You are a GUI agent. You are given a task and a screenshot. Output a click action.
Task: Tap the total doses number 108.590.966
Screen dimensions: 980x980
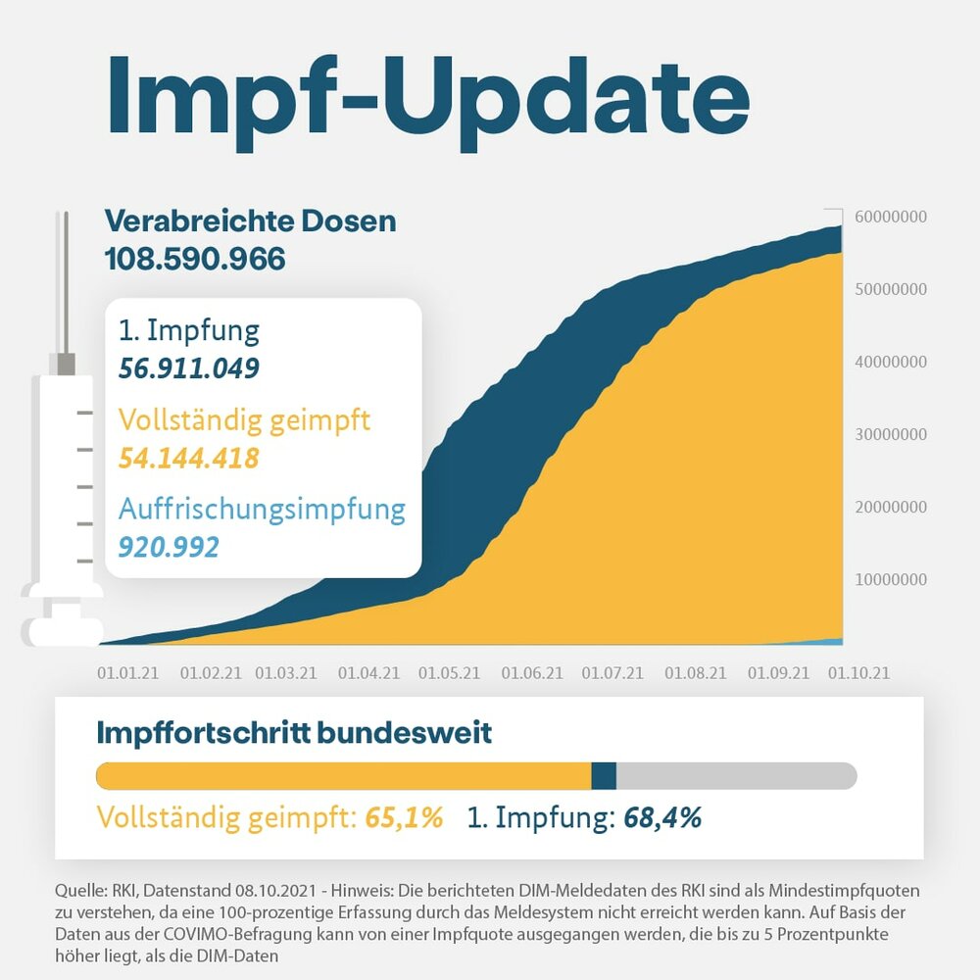[x=195, y=259]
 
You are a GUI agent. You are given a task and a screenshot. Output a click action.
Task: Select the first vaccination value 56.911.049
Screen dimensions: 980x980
[x=189, y=368]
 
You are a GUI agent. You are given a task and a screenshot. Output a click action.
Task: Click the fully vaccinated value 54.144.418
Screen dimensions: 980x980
[x=189, y=458]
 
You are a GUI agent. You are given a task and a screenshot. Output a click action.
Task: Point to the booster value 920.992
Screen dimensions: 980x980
[x=169, y=546]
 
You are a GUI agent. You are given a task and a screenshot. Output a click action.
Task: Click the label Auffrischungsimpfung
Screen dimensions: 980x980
[x=262, y=510]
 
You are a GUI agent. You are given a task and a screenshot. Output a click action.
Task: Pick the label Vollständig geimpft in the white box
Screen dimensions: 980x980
[x=244, y=421]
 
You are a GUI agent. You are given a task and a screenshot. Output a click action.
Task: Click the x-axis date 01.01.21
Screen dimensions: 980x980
[x=127, y=673]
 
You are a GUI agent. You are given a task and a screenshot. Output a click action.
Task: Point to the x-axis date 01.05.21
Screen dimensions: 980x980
[x=449, y=673]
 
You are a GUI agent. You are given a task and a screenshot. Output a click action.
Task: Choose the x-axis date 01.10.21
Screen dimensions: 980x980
[x=859, y=673]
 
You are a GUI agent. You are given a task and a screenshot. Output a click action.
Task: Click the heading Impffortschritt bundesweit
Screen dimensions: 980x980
[x=294, y=732]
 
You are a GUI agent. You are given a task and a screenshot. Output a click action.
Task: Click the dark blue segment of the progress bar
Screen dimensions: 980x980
[x=604, y=776]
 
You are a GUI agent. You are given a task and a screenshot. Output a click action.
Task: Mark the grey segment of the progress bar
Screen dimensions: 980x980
[x=735, y=776]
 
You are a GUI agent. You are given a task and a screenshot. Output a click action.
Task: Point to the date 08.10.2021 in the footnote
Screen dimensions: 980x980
[x=275, y=891]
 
